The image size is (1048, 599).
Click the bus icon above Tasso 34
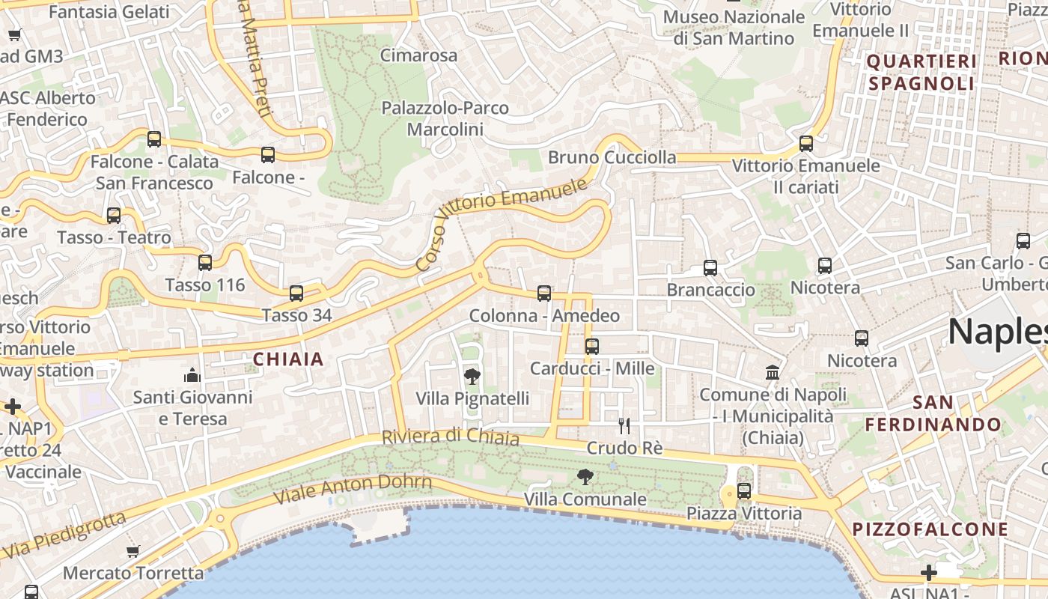pos(296,294)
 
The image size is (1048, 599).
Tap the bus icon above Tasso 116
pos(205,263)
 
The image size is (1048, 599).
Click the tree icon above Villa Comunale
pos(585,476)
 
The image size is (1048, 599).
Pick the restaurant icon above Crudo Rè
pos(624,426)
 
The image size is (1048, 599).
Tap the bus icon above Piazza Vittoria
pos(744,491)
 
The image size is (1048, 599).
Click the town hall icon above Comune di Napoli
pos(773,372)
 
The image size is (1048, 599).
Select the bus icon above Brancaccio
pos(710,267)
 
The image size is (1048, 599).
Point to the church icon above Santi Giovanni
pos(192,374)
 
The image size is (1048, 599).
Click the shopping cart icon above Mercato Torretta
pos(133,552)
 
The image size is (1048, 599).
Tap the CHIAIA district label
pos(288,359)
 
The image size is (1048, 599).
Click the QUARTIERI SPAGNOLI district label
pos(921,72)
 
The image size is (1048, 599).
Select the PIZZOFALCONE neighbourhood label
pos(930,529)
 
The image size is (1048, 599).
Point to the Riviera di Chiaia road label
pos(451,436)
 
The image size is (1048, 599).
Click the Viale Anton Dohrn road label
pos(353,488)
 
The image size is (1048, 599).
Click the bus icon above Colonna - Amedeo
pos(544,294)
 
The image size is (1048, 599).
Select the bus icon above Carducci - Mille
pos(592,347)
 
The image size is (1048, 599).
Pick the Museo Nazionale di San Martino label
pos(734,27)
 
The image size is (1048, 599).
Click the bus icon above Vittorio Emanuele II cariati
pos(806,143)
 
